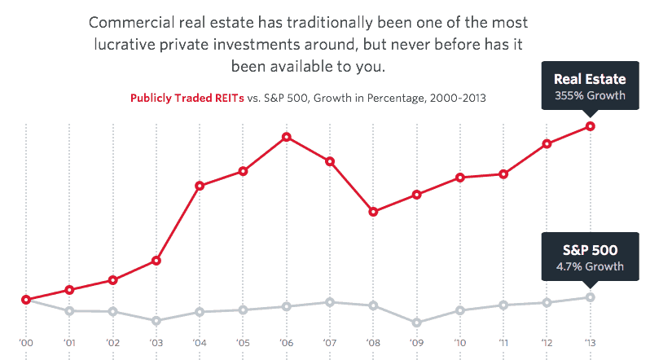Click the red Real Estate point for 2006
pos(287,137)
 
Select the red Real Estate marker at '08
pos(373,212)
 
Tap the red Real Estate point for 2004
pos(200,186)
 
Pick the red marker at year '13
pos(590,126)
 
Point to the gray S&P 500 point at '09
pos(416,323)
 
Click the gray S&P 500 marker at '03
pos(156,320)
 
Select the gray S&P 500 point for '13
pos(590,297)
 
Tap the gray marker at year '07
pos(330,302)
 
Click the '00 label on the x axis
pos(26,343)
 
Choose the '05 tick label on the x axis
pos(243,343)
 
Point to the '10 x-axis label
pos(459,343)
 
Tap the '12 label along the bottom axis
pos(547,343)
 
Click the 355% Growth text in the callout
pos(590,95)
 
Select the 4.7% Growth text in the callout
pos(590,266)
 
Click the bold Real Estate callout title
pos(590,79)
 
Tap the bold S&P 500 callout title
pos(590,250)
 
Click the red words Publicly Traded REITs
pos(187,99)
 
